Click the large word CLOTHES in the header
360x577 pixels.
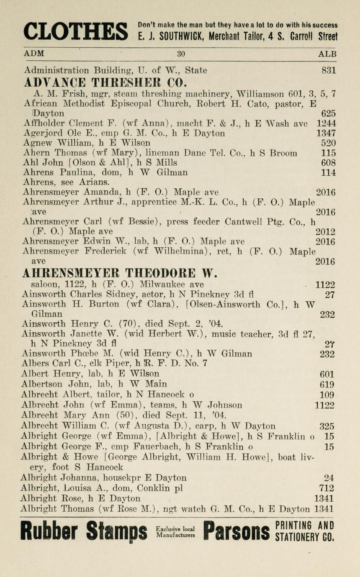coord(75,31)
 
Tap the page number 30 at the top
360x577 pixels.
coord(181,54)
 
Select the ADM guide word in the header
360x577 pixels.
coord(34,54)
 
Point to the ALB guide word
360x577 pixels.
coord(327,54)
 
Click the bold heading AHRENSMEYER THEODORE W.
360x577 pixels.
coord(119,274)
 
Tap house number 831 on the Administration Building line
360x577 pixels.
coord(328,70)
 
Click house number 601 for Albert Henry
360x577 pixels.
coord(327,374)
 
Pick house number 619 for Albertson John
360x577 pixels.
coord(327,384)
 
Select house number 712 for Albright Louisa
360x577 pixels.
coord(326,488)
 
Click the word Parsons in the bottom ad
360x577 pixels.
coord(236,531)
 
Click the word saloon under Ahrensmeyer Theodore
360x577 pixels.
coord(45,285)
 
